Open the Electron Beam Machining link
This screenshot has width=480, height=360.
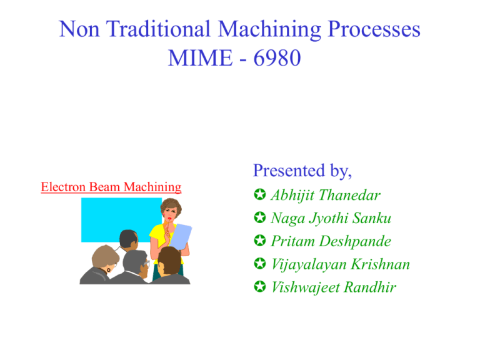(x=111, y=186)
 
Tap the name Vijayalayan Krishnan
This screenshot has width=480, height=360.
(x=340, y=264)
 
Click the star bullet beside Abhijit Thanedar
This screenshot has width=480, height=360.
(x=259, y=195)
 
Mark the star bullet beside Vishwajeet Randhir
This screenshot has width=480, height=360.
(x=259, y=288)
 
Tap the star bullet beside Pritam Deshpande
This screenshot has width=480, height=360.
(x=259, y=242)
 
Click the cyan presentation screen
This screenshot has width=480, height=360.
(x=112, y=219)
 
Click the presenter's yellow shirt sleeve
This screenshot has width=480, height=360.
(x=157, y=235)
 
